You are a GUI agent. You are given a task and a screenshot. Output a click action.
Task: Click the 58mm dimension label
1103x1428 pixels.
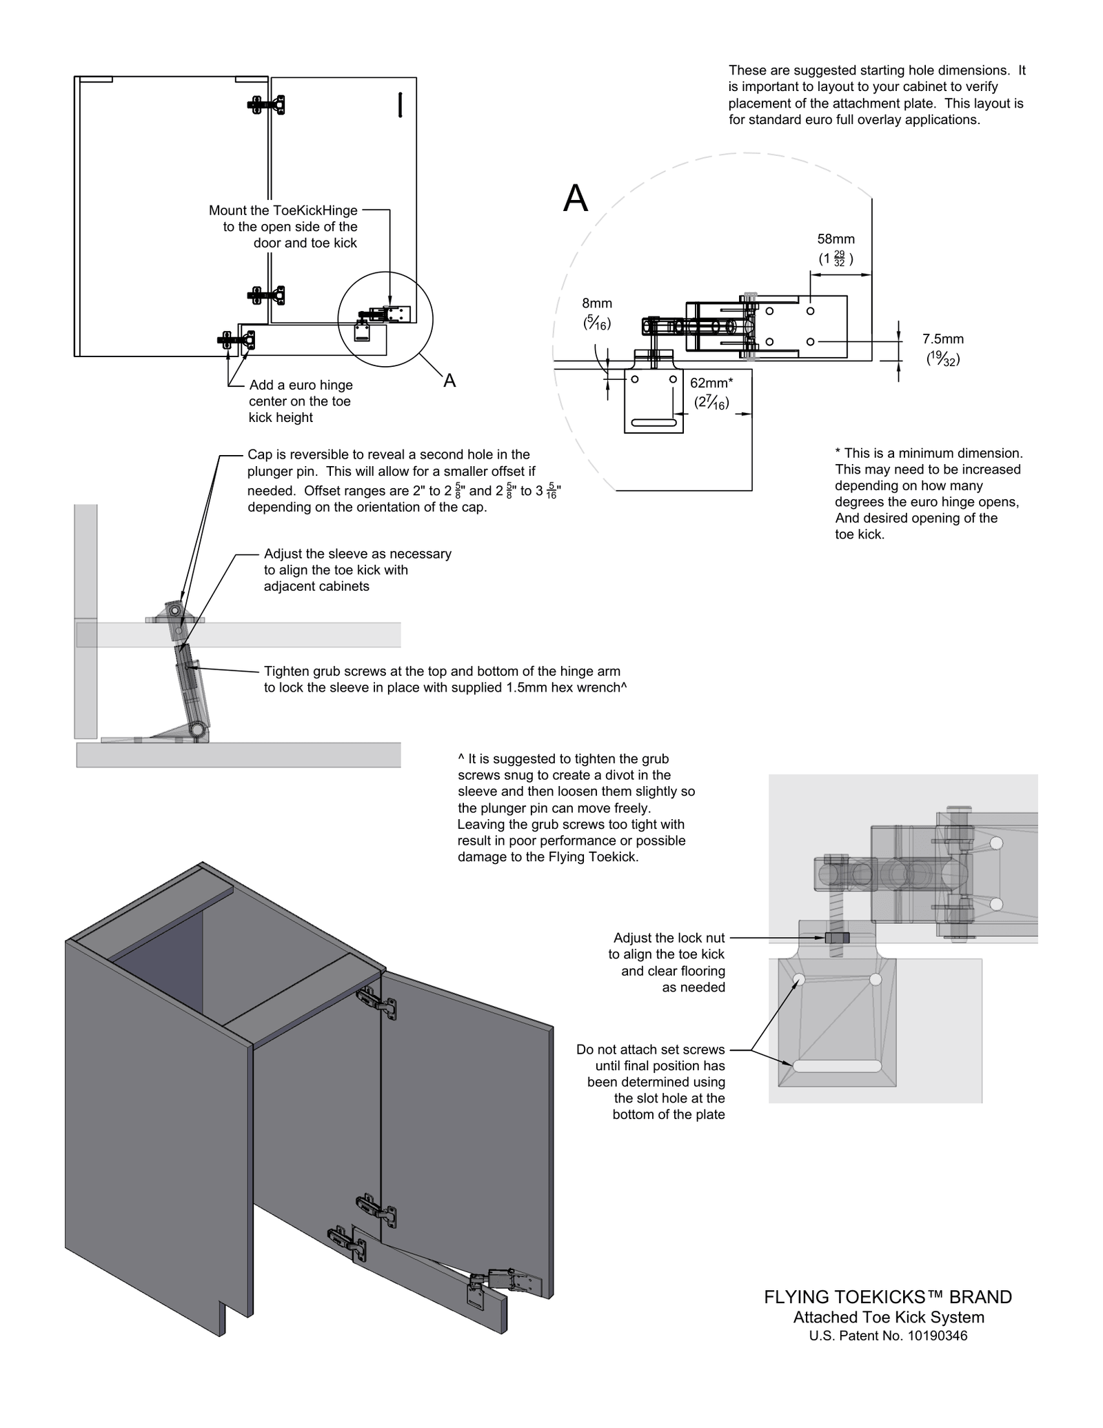pyautogui.click(x=836, y=239)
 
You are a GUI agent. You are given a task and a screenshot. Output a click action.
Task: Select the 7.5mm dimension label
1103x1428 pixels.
pyautogui.click(x=942, y=339)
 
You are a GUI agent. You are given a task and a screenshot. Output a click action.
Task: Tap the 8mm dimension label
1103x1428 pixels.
pyautogui.click(x=596, y=303)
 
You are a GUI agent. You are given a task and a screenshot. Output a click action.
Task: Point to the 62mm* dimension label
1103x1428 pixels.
pyautogui.click(x=711, y=383)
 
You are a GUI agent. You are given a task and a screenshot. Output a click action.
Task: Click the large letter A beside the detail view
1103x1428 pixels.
pyautogui.click(x=576, y=199)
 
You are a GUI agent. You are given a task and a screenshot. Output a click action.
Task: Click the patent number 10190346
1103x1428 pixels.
pyautogui.click(x=937, y=1336)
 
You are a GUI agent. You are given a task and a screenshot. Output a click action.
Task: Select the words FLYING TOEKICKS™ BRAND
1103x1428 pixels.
pyautogui.click(x=887, y=1297)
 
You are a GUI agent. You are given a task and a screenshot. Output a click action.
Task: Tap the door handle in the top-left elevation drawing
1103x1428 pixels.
pyautogui.click(x=400, y=104)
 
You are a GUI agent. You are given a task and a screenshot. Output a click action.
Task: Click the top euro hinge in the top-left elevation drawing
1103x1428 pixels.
pyautogui.click(x=266, y=105)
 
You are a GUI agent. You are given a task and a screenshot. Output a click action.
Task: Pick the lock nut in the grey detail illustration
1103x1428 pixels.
pyautogui.click(x=836, y=938)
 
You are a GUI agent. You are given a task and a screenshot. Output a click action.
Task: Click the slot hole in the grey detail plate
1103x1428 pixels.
pyautogui.click(x=837, y=1066)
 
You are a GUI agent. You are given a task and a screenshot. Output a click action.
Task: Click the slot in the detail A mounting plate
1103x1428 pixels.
pyautogui.click(x=653, y=422)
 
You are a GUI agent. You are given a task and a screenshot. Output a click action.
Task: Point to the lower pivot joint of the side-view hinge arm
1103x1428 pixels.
pyautogui.click(x=197, y=729)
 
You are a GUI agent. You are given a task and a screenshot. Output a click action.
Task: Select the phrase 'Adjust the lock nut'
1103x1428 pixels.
pyautogui.click(x=669, y=938)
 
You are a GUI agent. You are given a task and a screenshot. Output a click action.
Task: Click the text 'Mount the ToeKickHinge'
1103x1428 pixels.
pyautogui.click(x=283, y=210)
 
